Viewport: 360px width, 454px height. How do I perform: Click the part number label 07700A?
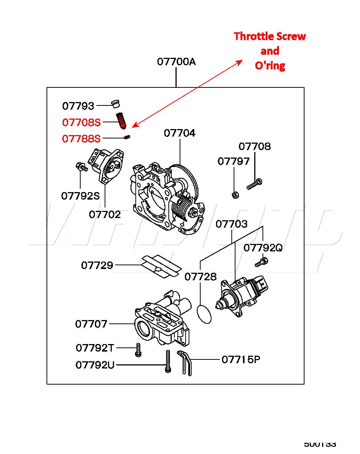tap(176, 62)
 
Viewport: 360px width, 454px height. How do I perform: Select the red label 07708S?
tap(81, 122)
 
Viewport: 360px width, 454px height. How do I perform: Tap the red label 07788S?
tap(81, 139)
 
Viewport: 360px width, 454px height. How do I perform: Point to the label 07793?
tap(78, 106)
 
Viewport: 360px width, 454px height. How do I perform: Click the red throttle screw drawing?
tap(121, 120)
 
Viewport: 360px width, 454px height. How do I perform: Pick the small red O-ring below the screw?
tap(127, 138)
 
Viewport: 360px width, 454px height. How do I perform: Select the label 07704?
tap(179, 133)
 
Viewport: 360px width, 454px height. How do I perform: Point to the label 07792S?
tap(80, 195)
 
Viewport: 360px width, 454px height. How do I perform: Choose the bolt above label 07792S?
tap(81, 167)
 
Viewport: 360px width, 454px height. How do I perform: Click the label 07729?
tap(97, 265)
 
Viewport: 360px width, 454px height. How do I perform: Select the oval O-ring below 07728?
tap(204, 314)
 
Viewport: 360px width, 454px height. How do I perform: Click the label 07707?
tap(91, 324)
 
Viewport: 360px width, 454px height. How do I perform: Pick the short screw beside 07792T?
tap(138, 349)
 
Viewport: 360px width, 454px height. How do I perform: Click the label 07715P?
tap(241, 359)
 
